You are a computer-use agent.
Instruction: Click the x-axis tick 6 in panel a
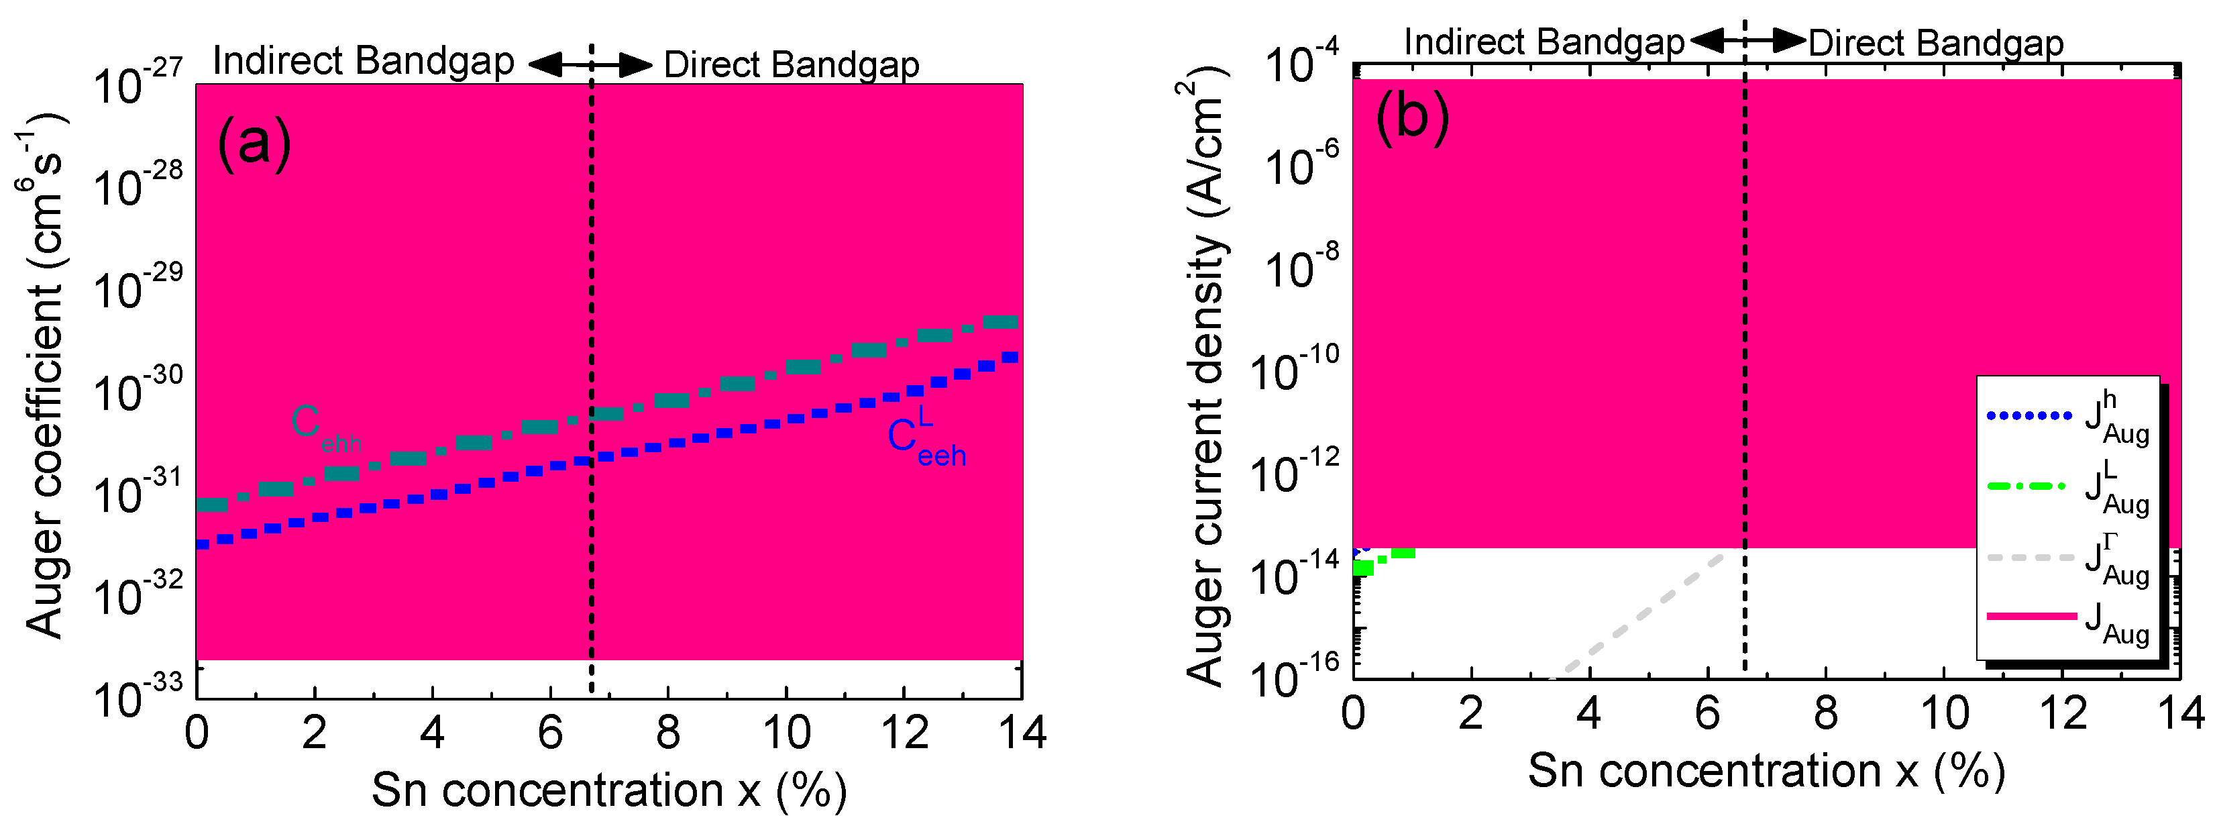coord(550,733)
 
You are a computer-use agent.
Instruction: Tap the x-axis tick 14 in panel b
coord(2179,713)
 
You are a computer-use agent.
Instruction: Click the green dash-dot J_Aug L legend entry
coord(2065,487)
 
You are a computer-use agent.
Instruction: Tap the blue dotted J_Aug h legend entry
coord(2065,417)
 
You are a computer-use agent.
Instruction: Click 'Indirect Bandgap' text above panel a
coord(363,62)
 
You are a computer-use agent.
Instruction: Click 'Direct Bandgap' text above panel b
coord(1935,43)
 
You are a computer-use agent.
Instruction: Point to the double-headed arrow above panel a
coord(590,64)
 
